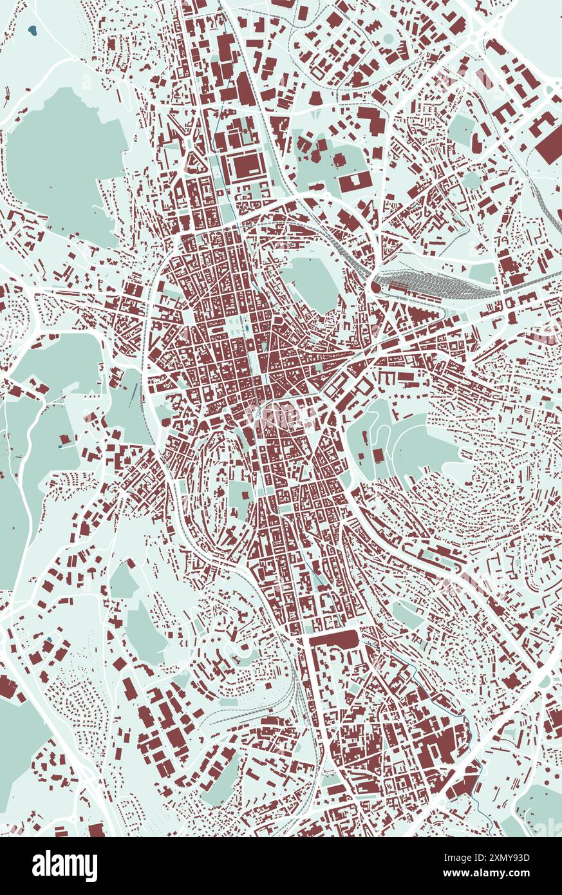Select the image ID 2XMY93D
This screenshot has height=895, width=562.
coord(510,858)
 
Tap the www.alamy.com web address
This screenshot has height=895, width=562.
coord(509,874)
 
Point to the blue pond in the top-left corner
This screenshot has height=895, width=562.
coord(32,30)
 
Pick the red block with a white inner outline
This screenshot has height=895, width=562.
coord(245,165)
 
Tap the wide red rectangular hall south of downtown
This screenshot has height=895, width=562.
coord(333,639)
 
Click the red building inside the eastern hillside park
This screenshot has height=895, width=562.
coord(378,455)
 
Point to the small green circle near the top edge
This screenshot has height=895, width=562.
coord(388,39)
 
